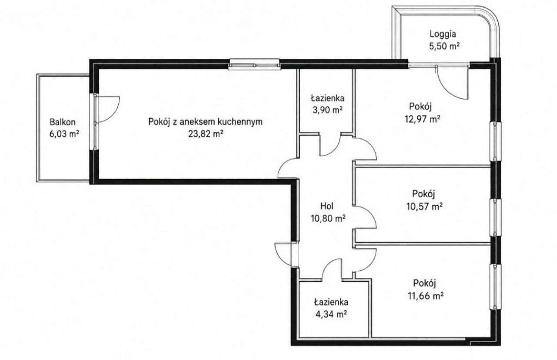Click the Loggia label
(x=443, y=34)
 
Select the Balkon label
(x=62, y=122)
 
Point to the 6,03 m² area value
(x=64, y=134)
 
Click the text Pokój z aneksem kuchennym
(x=205, y=122)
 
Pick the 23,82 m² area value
(x=205, y=134)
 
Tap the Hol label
(x=327, y=206)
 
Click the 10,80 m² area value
(x=328, y=218)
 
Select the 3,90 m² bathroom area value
(x=328, y=110)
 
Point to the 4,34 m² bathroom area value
(x=331, y=314)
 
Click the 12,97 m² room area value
(x=423, y=119)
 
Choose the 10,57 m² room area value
(x=424, y=206)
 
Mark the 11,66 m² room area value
(x=426, y=296)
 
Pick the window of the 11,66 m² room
(x=495, y=287)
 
